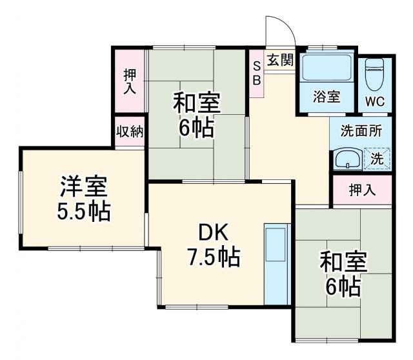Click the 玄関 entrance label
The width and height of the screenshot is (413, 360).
click(281, 61)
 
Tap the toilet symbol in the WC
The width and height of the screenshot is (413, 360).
click(375, 77)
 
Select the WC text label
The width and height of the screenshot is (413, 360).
click(375, 102)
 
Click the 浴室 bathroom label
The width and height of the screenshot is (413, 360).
click(327, 97)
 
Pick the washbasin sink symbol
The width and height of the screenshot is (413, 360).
click(348, 159)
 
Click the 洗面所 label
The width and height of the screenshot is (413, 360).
click(361, 130)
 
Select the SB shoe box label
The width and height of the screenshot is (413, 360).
click(256, 73)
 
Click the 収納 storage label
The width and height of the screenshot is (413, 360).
click(130, 132)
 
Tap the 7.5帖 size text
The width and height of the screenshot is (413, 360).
click(214, 257)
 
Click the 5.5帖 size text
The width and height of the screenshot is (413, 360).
click(83, 211)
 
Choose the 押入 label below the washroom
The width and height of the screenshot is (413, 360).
click(362, 190)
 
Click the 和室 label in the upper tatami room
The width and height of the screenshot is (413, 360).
click(197, 103)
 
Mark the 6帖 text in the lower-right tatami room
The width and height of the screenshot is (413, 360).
click(343, 285)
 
